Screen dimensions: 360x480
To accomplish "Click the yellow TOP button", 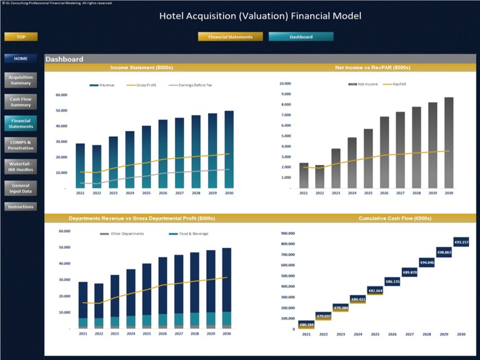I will pyautogui.click(x=21, y=37).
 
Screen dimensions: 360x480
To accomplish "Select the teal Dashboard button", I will pyautogui.click(x=300, y=37).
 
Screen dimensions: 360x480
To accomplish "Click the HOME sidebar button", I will pyautogui.click(x=21, y=59).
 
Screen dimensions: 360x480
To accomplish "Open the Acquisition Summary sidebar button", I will pyautogui.click(x=21, y=80).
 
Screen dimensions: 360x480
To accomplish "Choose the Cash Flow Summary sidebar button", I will pyautogui.click(x=21, y=101).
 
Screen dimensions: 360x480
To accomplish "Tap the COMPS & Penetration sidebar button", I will pyautogui.click(x=21, y=145).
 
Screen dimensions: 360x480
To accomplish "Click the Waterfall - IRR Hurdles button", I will pyautogui.click(x=21, y=167).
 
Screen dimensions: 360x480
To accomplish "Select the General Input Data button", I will pyautogui.click(x=21, y=188).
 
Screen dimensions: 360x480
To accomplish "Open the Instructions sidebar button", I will pyautogui.click(x=21, y=207).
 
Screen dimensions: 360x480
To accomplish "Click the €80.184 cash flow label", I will pyautogui.click(x=306, y=325).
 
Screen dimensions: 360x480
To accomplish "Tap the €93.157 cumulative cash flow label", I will pyautogui.click(x=461, y=242).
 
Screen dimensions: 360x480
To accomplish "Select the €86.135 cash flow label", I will pyautogui.click(x=392, y=281).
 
